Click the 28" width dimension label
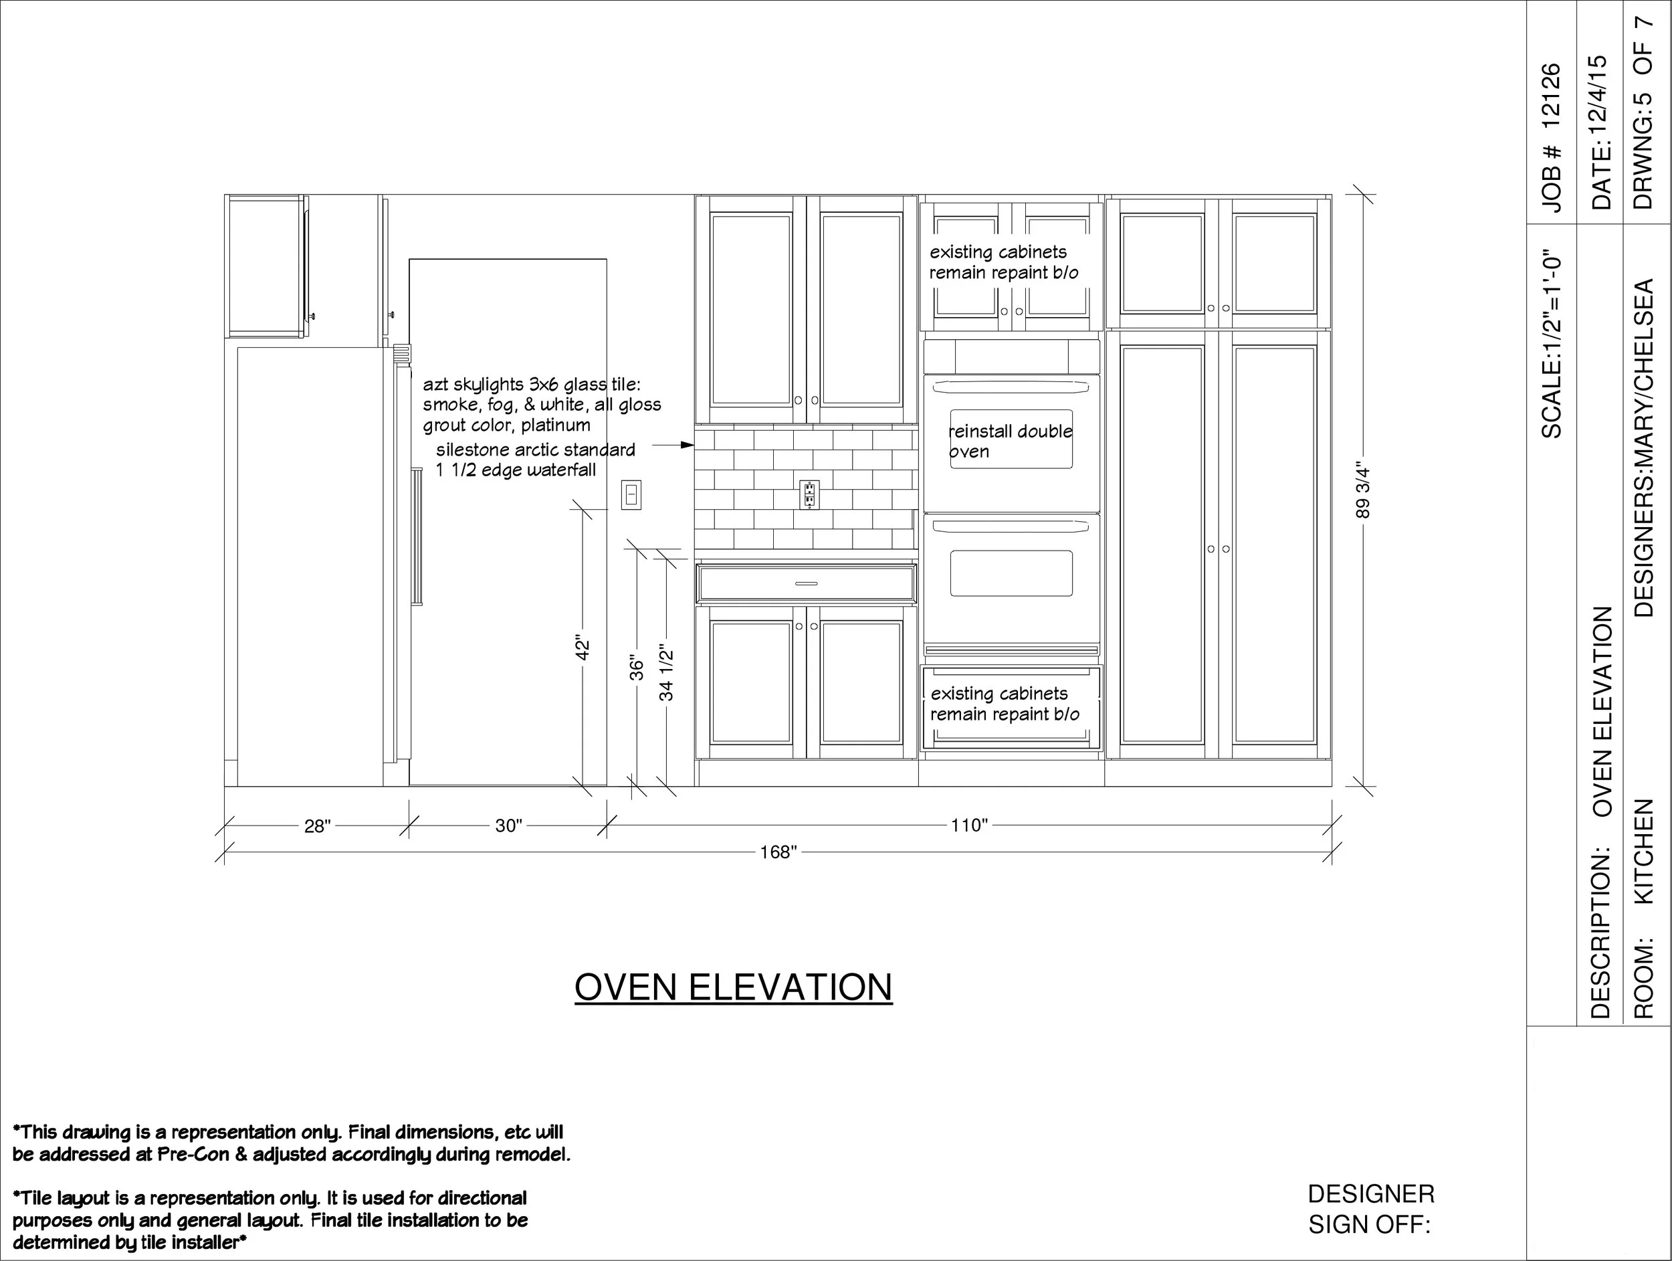pyautogui.click(x=318, y=826)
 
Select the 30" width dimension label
pyautogui.click(x=509, y=826)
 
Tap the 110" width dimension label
pyautogui.click(x=969, y=825)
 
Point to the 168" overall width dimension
pyautogui.click(x=778, y=852)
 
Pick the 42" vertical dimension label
pyautogui.click(x=582, y=647)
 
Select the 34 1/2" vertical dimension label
pyautogui.click(x=666, y=672)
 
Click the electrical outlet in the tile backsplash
pyautogui.click(x=809, y=495)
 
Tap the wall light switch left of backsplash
pyautogui.click(x=631, y=495)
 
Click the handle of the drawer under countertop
pyautogui.click(x=806, y=583)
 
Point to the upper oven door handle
pyautogui.click(x=1011, y=387)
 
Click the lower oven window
pyautogui.click(x=1011, y=573)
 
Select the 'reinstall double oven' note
pyautogui.click(x=1010, y=442)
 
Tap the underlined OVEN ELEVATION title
pyautogui.click(x=733, y=987)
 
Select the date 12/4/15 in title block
pyautogui.click(x=1601, y=102)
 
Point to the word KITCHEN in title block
pyautogui.click(x=1645, y=851)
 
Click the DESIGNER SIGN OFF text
pyautogui.click(x=1370, y=1209)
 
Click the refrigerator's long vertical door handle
pyautogui.click(x=416, y=537)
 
